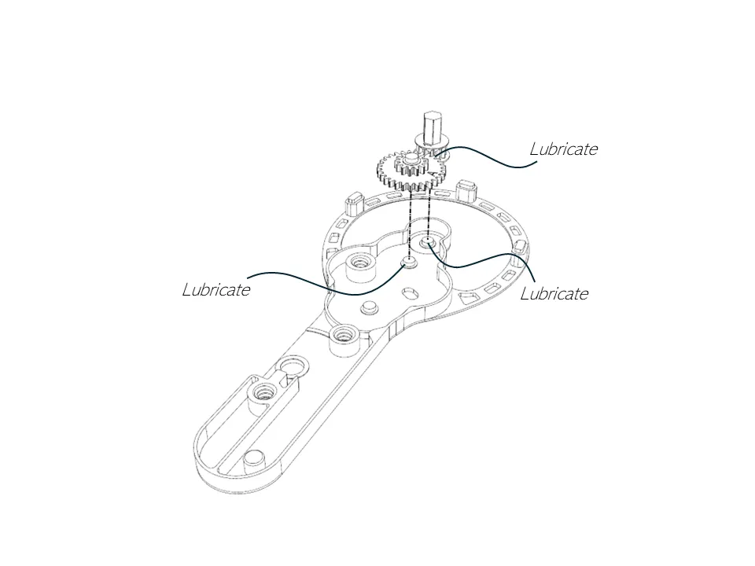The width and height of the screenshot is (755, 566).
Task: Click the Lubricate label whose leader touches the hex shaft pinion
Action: pos(563,149)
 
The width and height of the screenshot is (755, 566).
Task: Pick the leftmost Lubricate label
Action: pos(216,289)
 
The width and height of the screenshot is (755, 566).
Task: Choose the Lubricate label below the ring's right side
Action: pos(554,293)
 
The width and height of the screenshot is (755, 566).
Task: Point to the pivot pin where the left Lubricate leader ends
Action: pos(410,262)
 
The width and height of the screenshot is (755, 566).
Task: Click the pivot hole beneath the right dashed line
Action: pos(427,241)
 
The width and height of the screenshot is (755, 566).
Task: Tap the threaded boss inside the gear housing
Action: pos(359,266)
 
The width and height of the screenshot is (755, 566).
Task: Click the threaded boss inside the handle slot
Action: pos(263,396)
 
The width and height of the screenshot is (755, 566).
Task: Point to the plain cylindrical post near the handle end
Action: pos(254,461)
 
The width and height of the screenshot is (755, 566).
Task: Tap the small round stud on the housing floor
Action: pos(370,307)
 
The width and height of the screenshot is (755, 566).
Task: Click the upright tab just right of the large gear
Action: pos(465,189)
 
